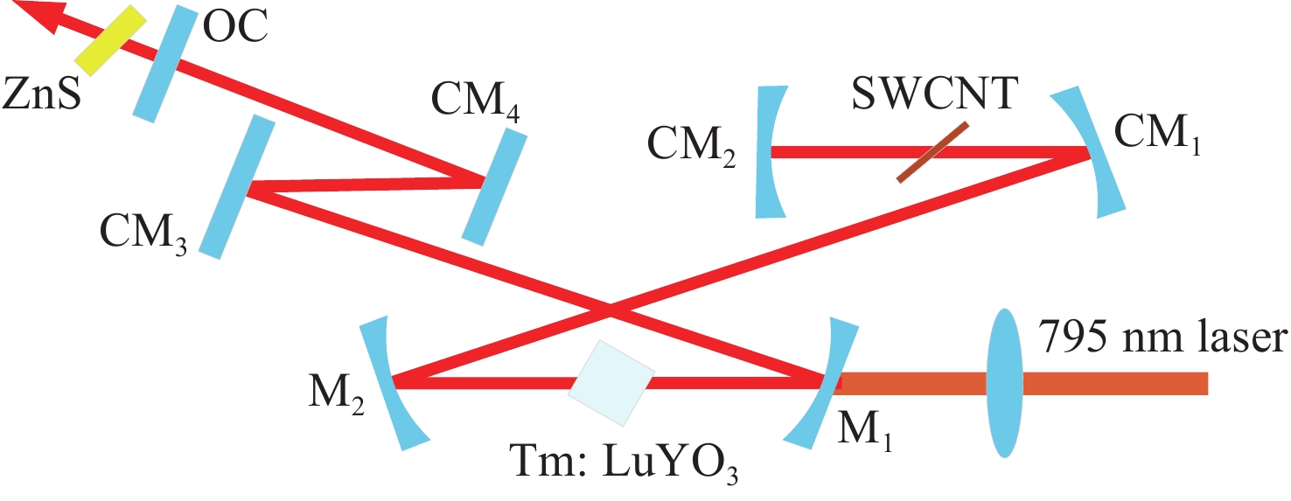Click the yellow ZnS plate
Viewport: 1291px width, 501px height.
(111, 40)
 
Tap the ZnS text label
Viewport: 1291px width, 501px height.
(41, 94)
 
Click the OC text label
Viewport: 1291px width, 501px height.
(236, 26)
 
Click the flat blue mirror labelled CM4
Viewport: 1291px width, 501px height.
(494, 186)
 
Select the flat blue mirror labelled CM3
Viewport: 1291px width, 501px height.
(237, 186)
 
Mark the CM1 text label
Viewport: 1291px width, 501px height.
(1157, 134)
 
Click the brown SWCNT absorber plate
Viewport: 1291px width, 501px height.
(932, 152)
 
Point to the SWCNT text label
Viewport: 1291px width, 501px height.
(933, 94)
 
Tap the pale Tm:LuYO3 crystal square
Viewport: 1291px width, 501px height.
(611, 383)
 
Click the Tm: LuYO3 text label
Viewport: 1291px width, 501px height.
(624, 463)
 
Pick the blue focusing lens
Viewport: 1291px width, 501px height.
(1004, 383)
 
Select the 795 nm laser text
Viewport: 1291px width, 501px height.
(1162, 337)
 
